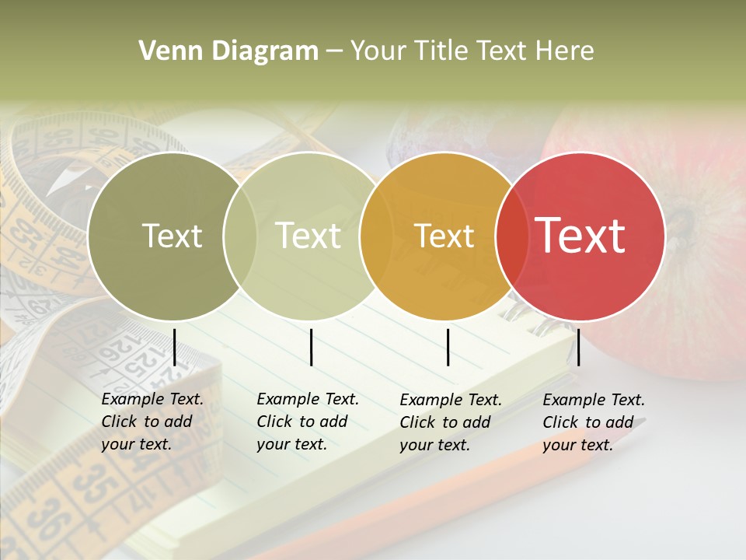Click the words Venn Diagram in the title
coord(228,51)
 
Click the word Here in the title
coord(567,51)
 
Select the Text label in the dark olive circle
coord(172,236)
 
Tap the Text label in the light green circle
coord(309,236)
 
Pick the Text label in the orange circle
coord(444,236)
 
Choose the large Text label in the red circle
coord(580,235)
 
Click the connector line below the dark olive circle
coord(175,347)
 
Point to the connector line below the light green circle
coord(311,347)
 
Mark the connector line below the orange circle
coord(448,347)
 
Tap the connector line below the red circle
coord(578,347)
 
